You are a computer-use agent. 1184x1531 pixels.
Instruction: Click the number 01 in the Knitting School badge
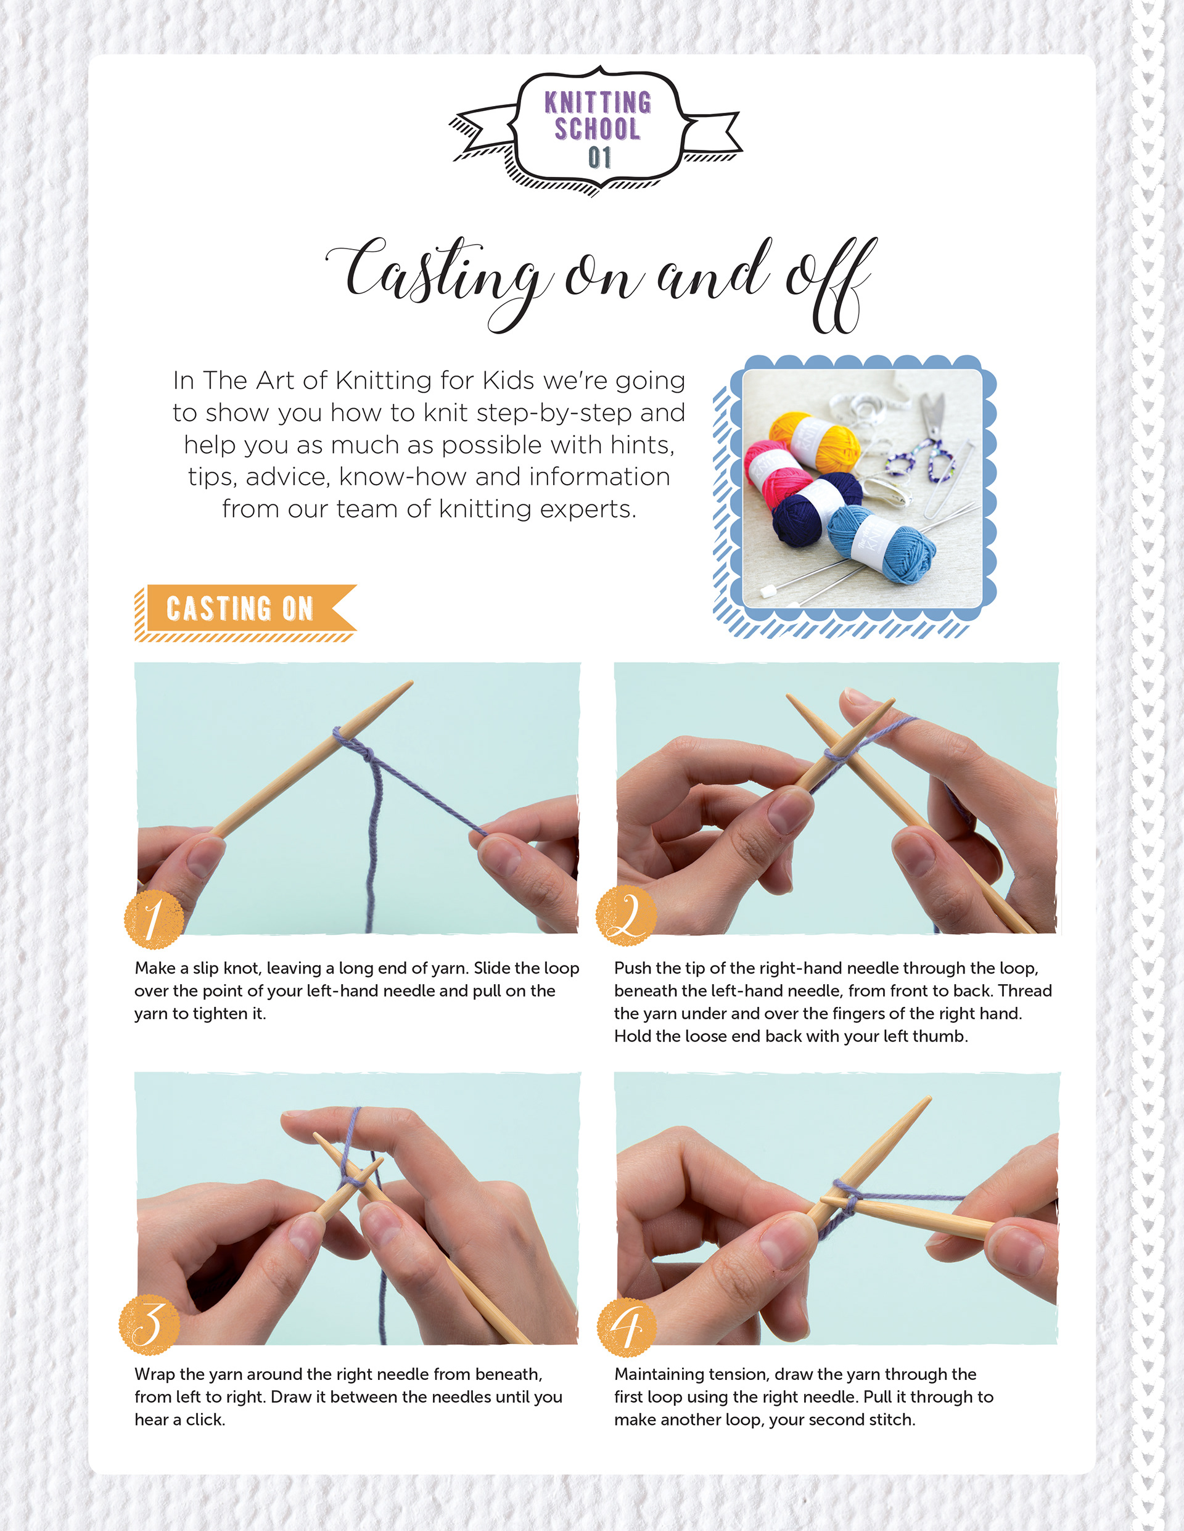point(599,158)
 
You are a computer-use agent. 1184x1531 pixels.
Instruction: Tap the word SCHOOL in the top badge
point(598,129)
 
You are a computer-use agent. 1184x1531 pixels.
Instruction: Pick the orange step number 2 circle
point(626,916)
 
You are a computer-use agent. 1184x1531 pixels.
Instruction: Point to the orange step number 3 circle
point(149,1324)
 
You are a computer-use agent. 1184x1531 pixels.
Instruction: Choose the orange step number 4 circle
point(627,1327)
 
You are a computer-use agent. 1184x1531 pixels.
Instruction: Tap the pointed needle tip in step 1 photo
point(410,683)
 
